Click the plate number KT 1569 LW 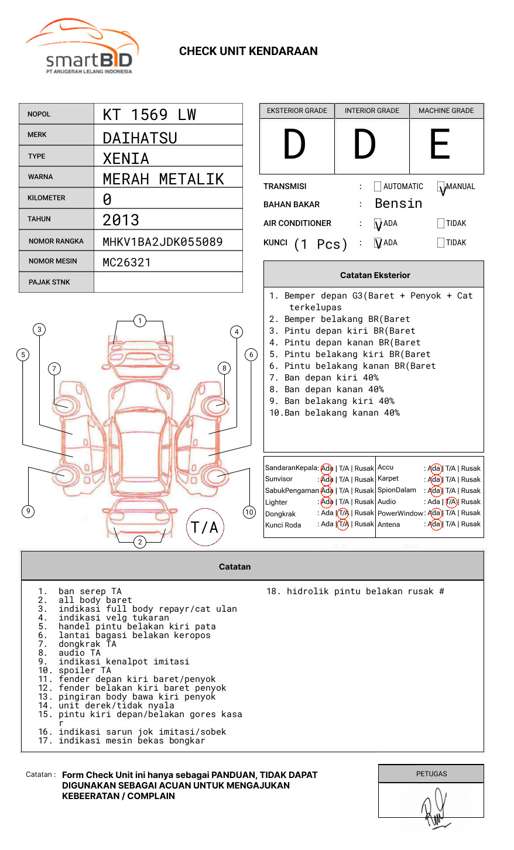[149, 115]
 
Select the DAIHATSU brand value [140, 138]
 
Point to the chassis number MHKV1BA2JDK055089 [162, 242]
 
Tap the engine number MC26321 [126, 262]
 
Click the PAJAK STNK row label [49, 282]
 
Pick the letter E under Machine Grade [440, 145]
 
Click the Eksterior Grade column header [297, 111]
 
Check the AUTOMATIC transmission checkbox [378, 187]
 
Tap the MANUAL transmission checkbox [441, 187]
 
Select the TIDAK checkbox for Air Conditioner [441, 224]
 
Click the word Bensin [398, 204]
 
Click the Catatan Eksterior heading [375, 275]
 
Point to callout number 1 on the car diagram [139, 321]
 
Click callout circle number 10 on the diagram [249, 512]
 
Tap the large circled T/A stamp [204, 527]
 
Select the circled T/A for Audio [451, 502]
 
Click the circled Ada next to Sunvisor [327, 479]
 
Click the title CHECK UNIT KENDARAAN [248, 52]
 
